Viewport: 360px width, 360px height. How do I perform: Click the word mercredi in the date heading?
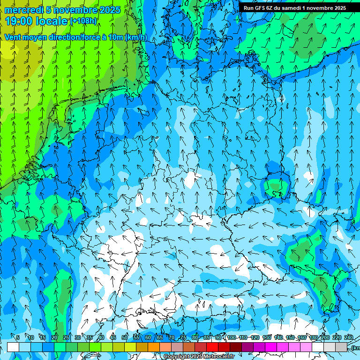[x=23, y=10]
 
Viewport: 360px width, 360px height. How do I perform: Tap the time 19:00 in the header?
[x=19, y=21]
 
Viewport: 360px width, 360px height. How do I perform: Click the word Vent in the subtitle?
[x=14, y=37]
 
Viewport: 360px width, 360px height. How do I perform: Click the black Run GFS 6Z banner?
[x=295, y=8]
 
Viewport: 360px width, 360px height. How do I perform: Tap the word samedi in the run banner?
[x=292, y=8]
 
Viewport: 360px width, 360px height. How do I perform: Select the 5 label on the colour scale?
[x=18, y=337]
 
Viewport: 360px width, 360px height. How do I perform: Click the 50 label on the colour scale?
[x=125, y=337]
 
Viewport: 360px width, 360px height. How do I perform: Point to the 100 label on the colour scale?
[x=231, y=337]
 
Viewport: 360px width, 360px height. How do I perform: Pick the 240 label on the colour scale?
[x=349, y=337]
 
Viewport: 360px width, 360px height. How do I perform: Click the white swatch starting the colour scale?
[x=13, y=347]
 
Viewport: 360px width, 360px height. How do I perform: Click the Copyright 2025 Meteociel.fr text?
[x=199, y=357]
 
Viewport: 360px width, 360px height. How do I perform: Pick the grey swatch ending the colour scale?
[x=341, y=347]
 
